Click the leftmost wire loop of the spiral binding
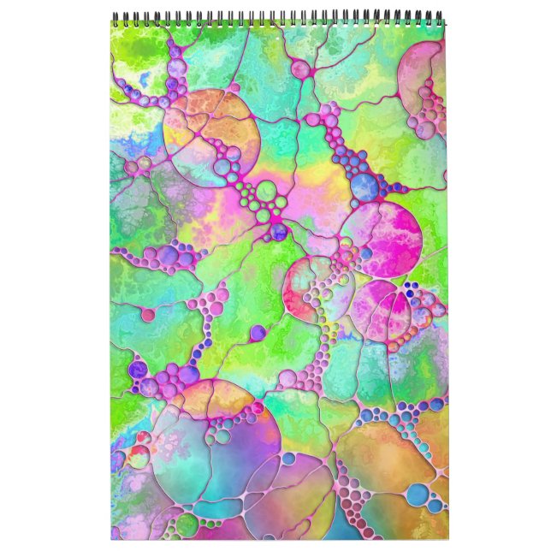(x=115, y=17)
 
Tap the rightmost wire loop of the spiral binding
(x=441, y=17)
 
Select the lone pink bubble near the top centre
(x=300, y=68)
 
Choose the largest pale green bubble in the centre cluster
(x=267, y=189)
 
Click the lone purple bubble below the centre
(x=258, y=332)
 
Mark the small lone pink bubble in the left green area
(x=148, y=315)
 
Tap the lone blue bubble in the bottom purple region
(x=288, y=459)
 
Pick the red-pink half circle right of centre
(x=304, y=287)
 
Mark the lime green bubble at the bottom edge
(x=187, y=524)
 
